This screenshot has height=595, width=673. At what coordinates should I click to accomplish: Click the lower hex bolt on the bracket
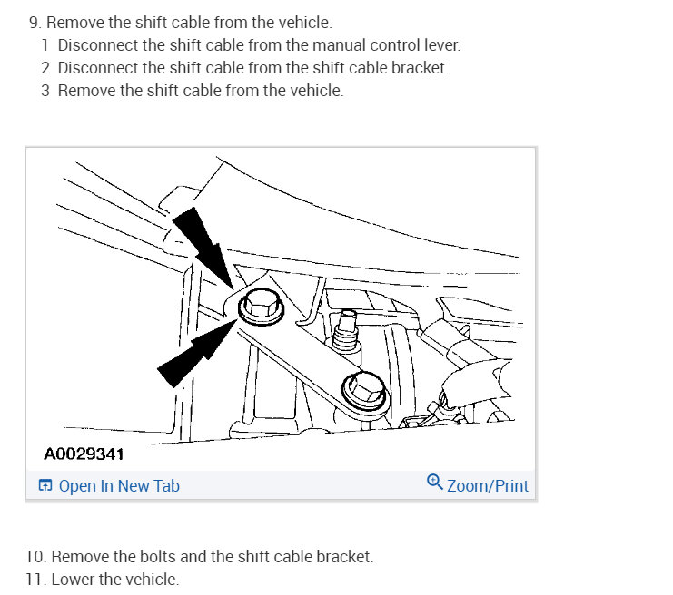point(365,391)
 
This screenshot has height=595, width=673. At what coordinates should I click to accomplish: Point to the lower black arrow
point(197,352)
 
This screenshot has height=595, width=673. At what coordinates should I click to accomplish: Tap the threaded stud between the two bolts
point(345,331)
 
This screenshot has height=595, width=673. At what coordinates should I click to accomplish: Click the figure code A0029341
point(84,454)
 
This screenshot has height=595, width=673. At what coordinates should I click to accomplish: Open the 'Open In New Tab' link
point(119,485)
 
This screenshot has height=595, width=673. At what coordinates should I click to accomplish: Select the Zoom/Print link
point(488,485)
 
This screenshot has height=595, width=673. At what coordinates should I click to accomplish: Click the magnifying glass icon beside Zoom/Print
point(434,482)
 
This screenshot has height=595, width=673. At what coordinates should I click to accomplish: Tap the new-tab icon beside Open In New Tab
point(45,485)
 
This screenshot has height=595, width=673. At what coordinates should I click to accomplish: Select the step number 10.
point(35,557)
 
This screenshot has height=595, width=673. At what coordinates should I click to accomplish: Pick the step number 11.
point(35,580)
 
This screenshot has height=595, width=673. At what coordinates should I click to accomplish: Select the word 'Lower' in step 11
point(73,580)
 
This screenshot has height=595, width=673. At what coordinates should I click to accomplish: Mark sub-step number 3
point(45,91)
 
